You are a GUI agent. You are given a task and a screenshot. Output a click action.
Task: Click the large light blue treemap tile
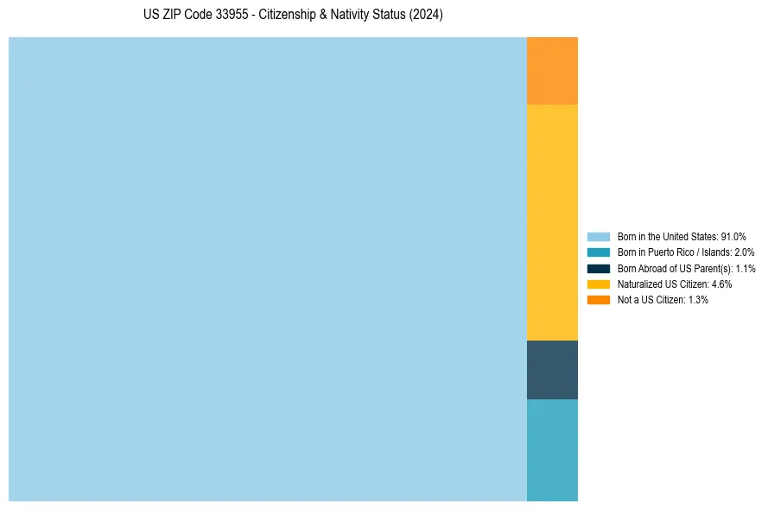pos(268,269)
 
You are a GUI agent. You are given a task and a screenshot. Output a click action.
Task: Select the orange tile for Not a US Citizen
pos(552,71)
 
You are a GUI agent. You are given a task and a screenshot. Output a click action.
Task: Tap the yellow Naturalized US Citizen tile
pos(552,222)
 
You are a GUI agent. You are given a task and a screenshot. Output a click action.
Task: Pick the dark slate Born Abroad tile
pos(552,370)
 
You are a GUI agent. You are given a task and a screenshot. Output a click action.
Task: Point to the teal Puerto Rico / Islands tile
pos(552,449)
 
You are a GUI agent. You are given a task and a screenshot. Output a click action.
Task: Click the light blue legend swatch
pos(598,236)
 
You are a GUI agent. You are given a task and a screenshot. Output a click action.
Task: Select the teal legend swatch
pos(598,252)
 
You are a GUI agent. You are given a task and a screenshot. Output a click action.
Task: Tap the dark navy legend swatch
pos(598,268)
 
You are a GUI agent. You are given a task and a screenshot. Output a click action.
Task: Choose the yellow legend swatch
pos(598,284)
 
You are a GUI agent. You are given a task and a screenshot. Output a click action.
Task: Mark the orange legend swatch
pos(598,299)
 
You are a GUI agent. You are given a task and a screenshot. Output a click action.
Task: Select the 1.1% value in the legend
pos(746,268)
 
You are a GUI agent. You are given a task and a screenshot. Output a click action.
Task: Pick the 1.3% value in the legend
pos(698,299)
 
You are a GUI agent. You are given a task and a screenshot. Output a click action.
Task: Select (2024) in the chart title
pos(427,16)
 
